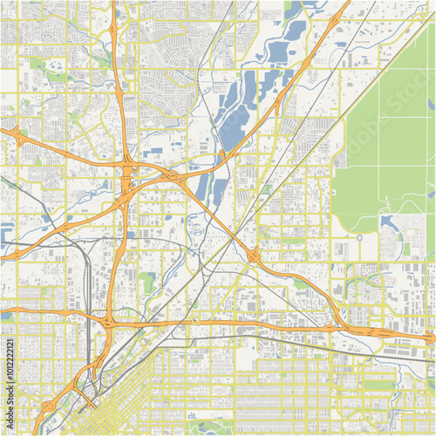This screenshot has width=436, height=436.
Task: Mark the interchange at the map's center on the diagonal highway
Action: point(253,255)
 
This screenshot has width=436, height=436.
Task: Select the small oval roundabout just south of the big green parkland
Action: point(358,236)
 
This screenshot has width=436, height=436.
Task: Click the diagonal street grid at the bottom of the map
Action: point(131,401)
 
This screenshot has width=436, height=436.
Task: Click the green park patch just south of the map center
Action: point(148,283)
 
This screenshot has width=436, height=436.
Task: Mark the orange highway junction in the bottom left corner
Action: point(44,419)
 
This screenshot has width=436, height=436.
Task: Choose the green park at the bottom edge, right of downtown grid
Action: point(209,427)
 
